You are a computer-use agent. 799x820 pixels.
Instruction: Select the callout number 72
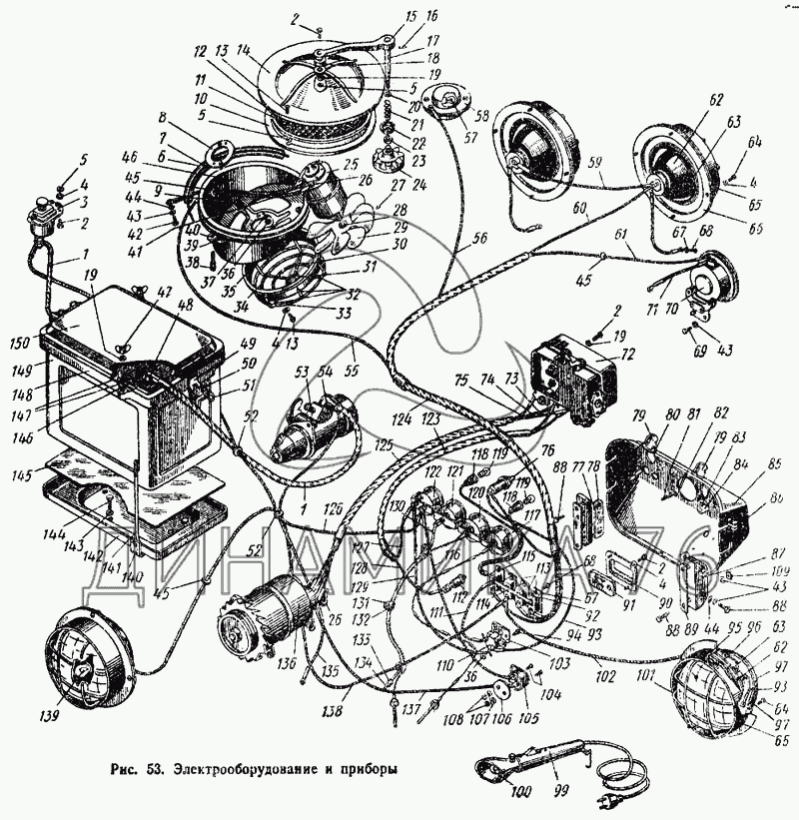point(627,355)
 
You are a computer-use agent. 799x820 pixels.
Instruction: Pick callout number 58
point(483,118)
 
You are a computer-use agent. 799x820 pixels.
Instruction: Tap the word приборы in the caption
point(369,770)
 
